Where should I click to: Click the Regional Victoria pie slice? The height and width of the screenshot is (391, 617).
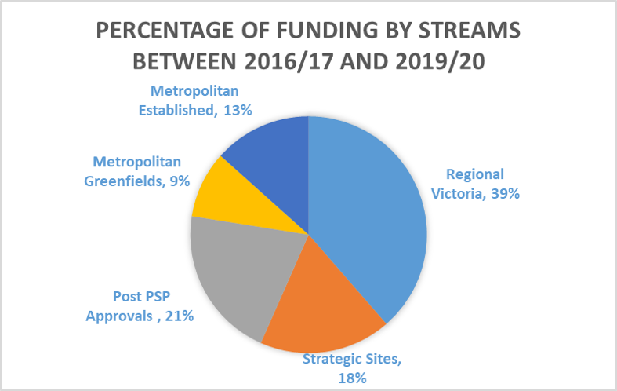click(x=368, y=220)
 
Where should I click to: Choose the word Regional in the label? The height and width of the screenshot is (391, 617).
click(x=475, y=174)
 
